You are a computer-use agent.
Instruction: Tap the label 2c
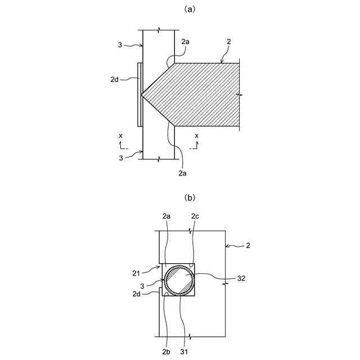[195, 217]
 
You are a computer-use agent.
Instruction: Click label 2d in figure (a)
[114, 79]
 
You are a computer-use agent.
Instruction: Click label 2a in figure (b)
[166, 217]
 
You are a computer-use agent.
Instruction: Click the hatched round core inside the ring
[179, 280]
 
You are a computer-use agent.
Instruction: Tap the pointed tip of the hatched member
[142, 94]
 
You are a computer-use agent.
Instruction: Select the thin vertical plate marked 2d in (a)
[139, 94]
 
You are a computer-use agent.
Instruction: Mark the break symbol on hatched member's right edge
[241, 96]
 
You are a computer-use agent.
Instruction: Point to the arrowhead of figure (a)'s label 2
[222, 62]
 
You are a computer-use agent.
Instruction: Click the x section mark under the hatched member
[196, 136]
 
